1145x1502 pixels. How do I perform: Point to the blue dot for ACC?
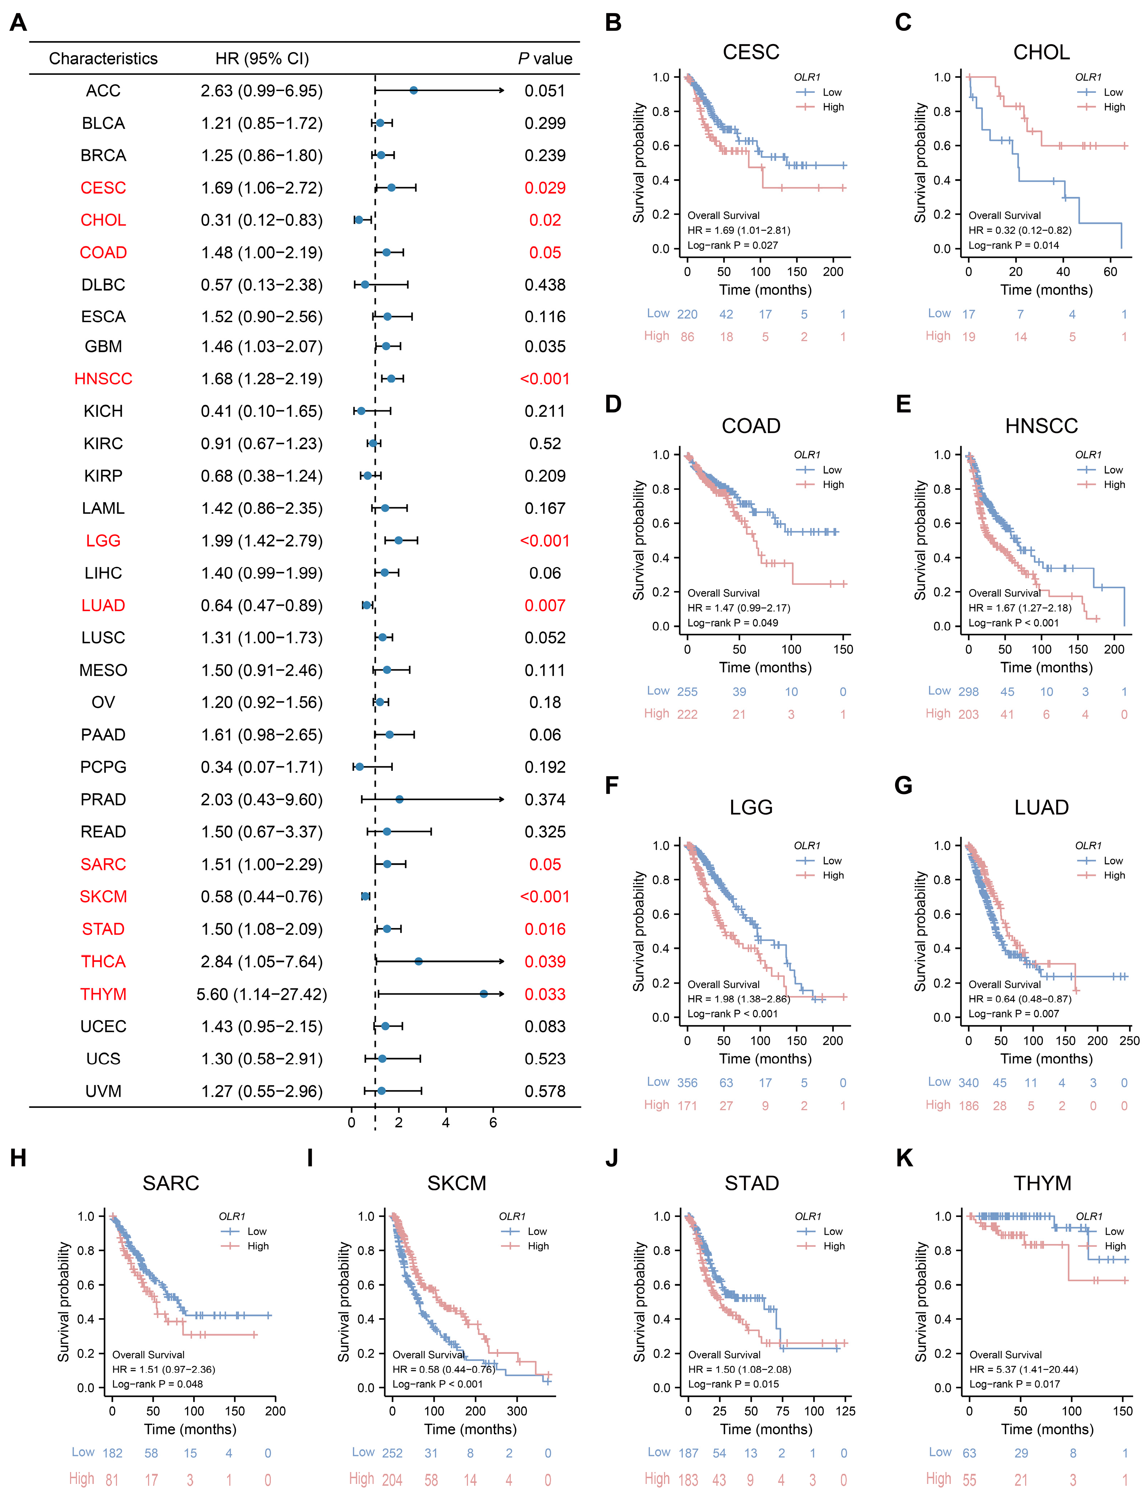coord(413,91)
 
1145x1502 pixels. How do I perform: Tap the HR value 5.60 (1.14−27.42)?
coord(262,994)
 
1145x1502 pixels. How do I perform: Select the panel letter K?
coord(904,1158)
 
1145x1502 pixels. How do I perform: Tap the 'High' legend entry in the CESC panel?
coord(833,107)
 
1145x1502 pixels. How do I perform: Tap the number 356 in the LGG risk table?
coord(687,1083)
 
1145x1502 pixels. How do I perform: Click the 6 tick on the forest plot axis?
coord(493,1122)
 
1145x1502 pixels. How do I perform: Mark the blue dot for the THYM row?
coord(484,994)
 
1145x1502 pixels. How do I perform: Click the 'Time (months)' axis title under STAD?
coord(766,1429)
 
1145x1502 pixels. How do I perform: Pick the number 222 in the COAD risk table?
coord(687,715)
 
